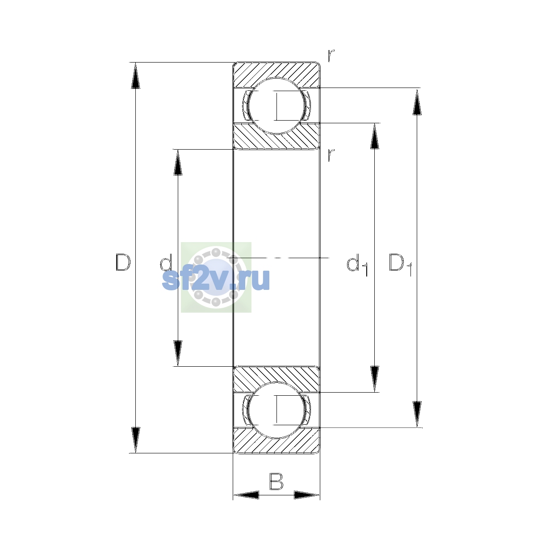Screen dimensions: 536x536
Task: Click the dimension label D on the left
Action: coord(123,262)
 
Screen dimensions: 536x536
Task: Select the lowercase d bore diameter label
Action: coord(166,262)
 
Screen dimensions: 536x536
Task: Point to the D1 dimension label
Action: coord(400,264)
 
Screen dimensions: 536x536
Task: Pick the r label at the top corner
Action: coord(331,56)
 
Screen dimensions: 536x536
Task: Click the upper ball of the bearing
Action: coord(276,106)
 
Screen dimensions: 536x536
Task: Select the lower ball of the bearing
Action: coord(276,410)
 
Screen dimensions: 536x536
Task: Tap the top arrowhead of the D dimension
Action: coord(135,75)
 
